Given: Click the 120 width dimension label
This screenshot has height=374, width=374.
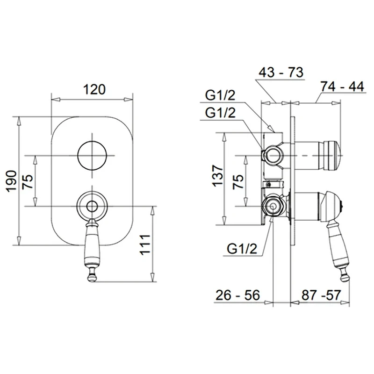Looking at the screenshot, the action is point(94,89).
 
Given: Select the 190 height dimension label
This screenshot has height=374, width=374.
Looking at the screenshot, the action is point(11,181).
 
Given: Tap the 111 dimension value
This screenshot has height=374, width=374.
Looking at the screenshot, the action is point(145,245).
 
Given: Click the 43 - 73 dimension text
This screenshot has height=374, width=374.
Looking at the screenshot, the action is point(281,72).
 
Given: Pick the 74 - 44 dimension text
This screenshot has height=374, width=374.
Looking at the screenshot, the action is point(342,86).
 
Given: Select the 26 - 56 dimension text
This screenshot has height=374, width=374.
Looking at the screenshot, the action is point(237,295).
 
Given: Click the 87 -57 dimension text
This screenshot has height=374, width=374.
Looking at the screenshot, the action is point(321,295).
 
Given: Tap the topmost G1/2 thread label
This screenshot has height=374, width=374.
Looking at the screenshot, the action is point(220,95).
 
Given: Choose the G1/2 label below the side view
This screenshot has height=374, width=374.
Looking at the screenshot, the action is point(242,249).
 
